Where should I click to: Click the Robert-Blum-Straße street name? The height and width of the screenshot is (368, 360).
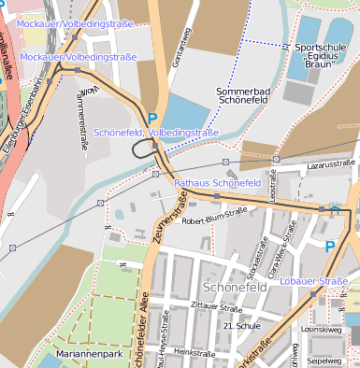(x=214, y=221)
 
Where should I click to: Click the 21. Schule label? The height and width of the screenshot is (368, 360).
(x=241, y=325)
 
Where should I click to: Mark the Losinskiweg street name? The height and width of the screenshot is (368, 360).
(x=321, y=330)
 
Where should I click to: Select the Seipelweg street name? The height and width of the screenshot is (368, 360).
(x=324, y=360)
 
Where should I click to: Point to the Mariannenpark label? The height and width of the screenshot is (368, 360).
(x=89, y=356)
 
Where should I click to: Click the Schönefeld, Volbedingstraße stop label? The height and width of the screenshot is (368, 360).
(x=156, y=134)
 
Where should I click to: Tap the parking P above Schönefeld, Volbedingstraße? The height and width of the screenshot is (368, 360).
(x=151, y=119)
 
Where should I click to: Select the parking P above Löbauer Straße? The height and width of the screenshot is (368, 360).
(x=329, y=247)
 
